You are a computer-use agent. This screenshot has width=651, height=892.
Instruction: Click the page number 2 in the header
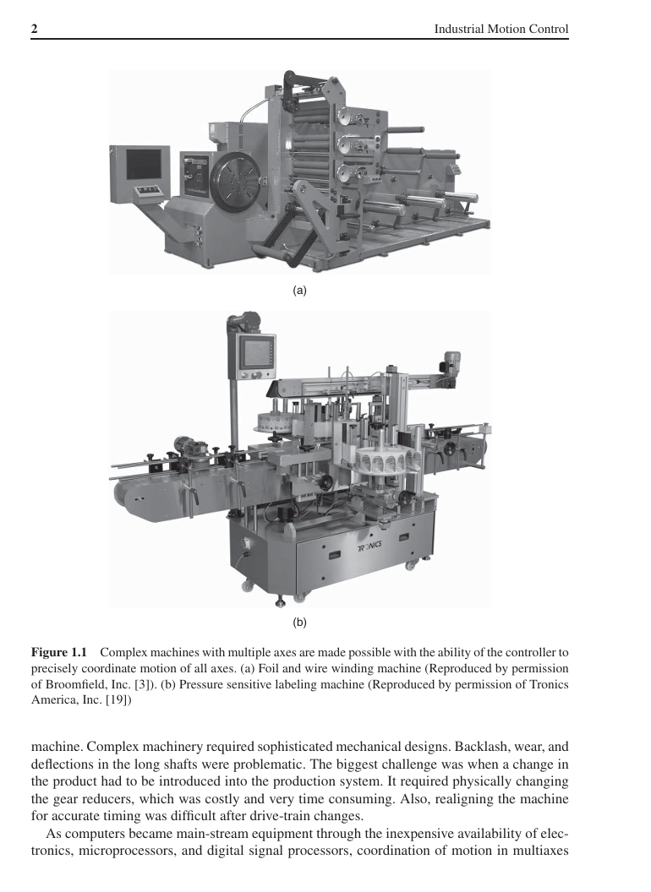click(35, 30)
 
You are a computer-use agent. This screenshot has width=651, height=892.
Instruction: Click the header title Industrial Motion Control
click(501, 30)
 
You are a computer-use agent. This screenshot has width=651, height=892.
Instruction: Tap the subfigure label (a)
click(298, 290)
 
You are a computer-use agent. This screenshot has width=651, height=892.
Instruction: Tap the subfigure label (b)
click(299, 623)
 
